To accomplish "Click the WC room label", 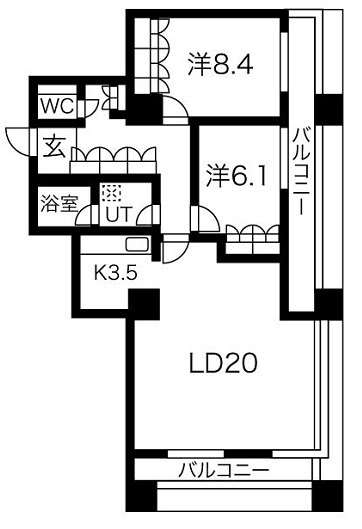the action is pos(57,106).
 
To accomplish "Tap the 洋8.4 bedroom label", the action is pos(220,64).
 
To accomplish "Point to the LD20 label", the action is pos(223,363).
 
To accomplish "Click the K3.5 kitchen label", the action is pos(115,273).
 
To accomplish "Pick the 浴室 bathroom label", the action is pos(59,203).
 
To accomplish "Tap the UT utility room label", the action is pos(118,214).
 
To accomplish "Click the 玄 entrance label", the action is pos(54,148).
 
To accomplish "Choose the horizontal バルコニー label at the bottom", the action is pos(224,470).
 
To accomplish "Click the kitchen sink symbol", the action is pos(137,244).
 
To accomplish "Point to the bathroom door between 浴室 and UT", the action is pos(84,216).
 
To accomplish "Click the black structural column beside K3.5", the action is pos(144,304).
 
